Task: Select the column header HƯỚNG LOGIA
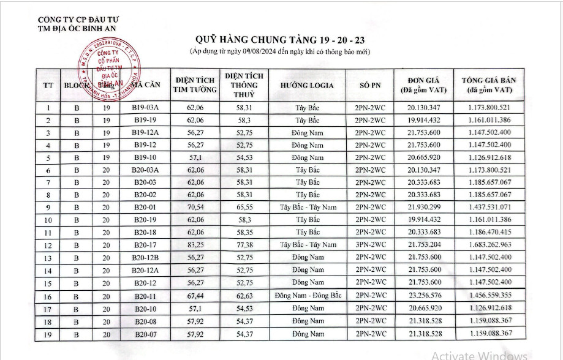click(x=307, y=85)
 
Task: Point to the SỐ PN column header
click(x=369, y=85)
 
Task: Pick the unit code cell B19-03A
click(x=146, y=108)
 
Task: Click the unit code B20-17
click(x=146, y=245)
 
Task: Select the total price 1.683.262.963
click(x=488, y=245)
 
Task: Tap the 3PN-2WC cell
click(x=369, y=245)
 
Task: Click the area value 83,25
click(x=195, y=245)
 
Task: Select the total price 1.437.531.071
click(x=488, y=207)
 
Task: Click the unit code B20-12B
click(x=146, y=257)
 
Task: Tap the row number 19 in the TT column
click(x=48, y=334)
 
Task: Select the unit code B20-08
click(x=146, y=321)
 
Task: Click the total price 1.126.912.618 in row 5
click(x=488, y=157)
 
